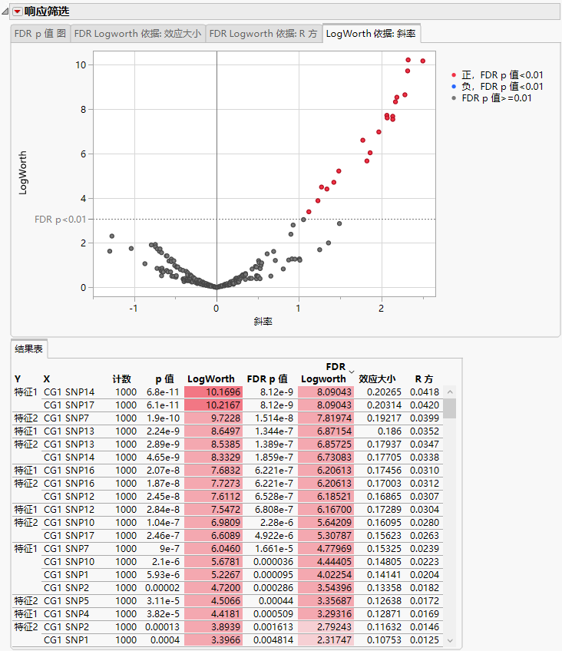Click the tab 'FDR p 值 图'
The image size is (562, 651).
pos(41,34)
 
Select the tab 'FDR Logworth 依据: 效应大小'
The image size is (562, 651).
pos(137,34)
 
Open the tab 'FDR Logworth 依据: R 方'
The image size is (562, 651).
pos(263,34)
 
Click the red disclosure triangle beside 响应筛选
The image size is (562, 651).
pos(17,12)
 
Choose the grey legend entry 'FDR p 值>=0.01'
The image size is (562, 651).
pos(502,97)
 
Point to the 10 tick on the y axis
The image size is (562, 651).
pos(81,64)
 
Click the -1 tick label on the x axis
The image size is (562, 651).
pos(134,308)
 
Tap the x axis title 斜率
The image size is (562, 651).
pos(263,322)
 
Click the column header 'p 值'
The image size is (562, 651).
pos(165,378)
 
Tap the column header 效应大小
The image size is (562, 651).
pos(377,378)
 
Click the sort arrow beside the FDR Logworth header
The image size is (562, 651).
pos(352,372)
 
